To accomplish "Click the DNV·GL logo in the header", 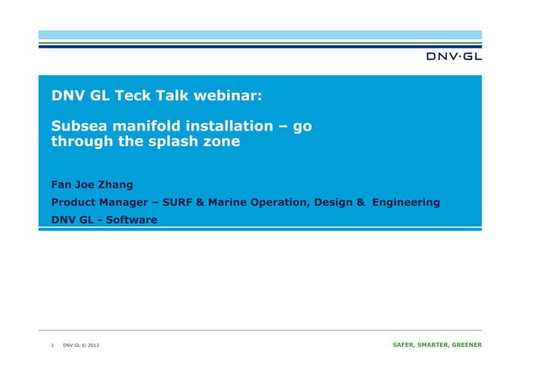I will pyautogui.click(x=454, y=57).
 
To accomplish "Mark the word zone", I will pyautogui.click(x=221, y=142).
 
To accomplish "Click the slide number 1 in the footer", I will pyautogui.click(x=53, y=344).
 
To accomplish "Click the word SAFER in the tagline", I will pyautogui.click(x=407, y=344).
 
